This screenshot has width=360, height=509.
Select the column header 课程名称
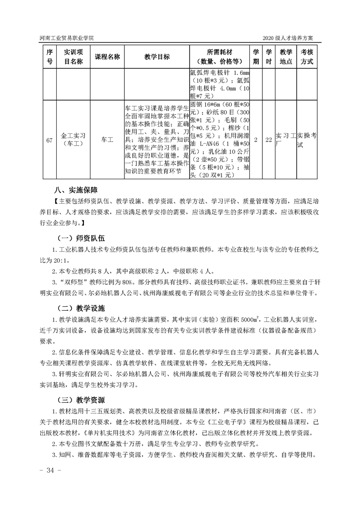(x=107, y=57)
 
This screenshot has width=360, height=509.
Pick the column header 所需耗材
(x=220, y=57)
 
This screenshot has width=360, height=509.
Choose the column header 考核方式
(x=307, y=57)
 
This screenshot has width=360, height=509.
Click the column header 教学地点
(x=286, y=57)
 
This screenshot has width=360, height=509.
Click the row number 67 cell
(x=49, y=140)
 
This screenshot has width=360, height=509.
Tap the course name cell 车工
(x=107, y=140)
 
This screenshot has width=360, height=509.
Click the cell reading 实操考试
(x=307, y=140)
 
